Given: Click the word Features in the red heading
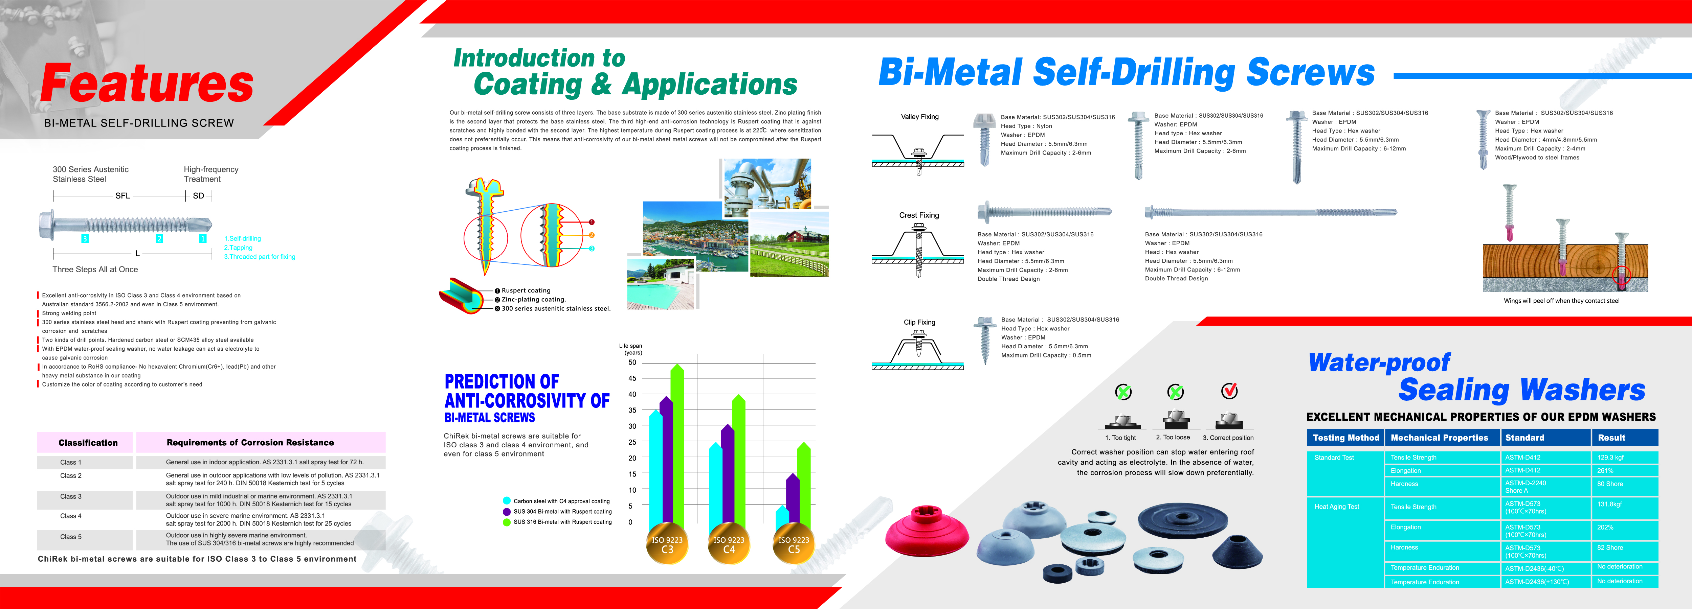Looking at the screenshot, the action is coord(147,83).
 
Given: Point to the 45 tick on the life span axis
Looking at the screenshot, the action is coord(632,378).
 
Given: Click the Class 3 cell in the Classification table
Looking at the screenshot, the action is coord(71,497).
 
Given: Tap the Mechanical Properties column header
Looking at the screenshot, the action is coord(1442,438).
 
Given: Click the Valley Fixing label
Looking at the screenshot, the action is coord(919,117).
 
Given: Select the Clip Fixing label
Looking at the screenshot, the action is coord(919,322).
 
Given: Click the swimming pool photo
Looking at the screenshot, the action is coord(660,283).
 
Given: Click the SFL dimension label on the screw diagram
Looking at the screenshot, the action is coord(123,195).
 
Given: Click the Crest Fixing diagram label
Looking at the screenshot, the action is coord(919,215).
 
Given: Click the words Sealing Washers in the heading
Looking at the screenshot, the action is coord(1521,390).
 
